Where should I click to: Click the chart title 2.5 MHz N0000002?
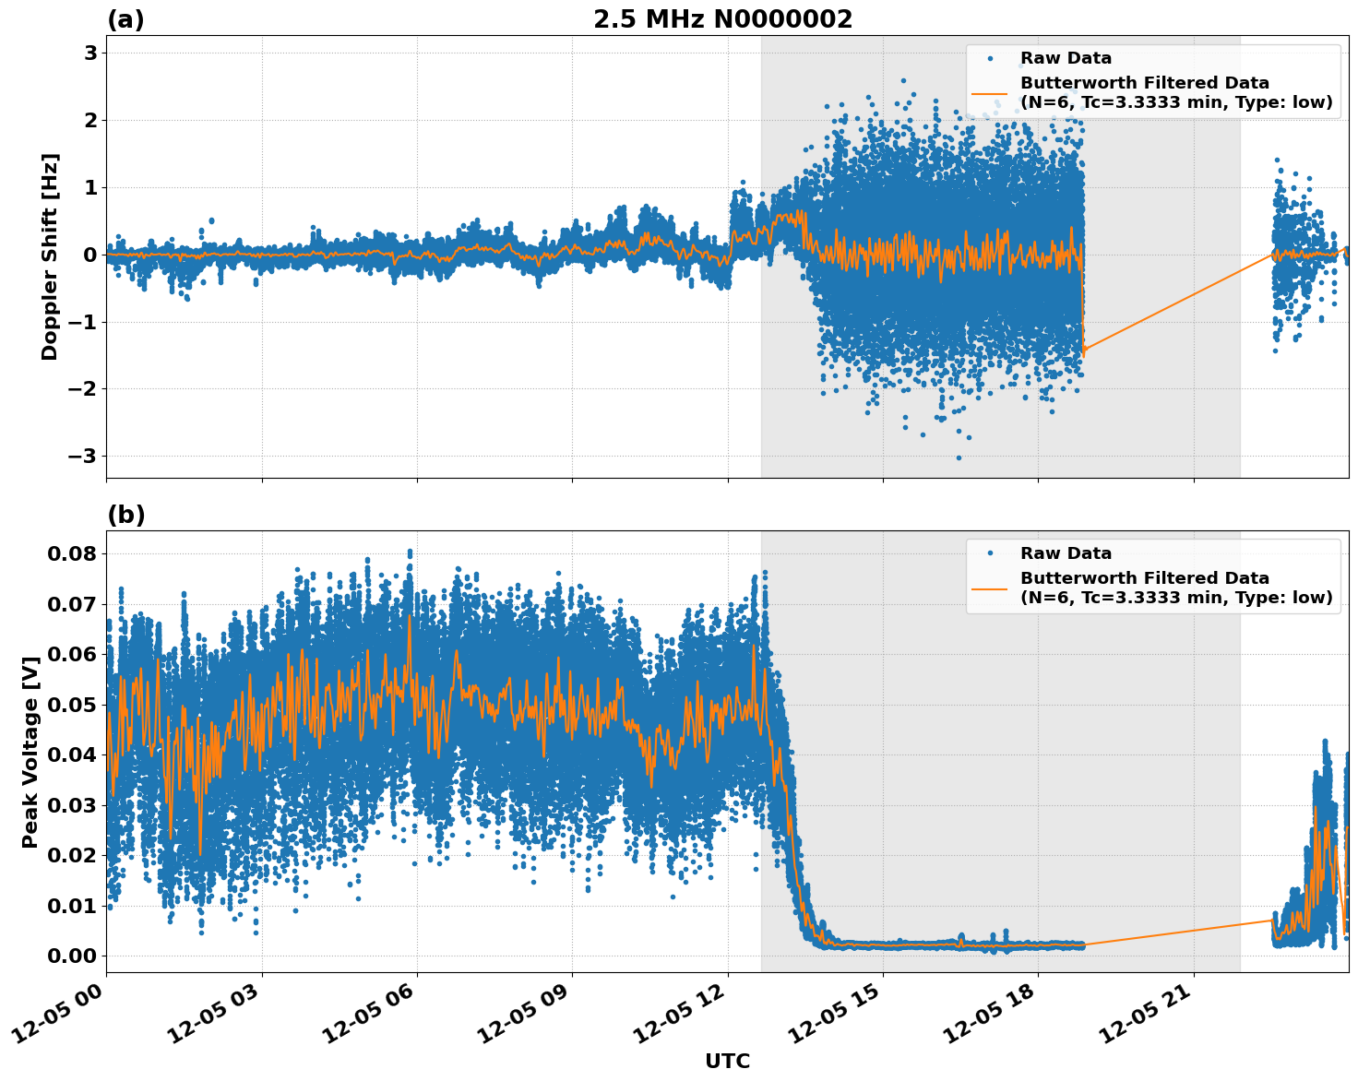(722, 19)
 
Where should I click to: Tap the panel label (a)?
(125, 19)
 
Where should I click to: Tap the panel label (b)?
(126, 515)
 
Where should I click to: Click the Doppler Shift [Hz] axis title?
(50, 256)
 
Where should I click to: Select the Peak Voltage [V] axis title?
(30, 752)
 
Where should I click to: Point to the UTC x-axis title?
(727, 1061)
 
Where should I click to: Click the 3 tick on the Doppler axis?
(90, 53)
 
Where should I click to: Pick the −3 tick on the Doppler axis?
(83, 456)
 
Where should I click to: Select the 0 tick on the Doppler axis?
(90, 255)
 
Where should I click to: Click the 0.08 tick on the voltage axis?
(72, 553)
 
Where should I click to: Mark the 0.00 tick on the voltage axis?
(72, 956)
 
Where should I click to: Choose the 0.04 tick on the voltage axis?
(72, 754)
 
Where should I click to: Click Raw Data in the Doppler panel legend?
(1066, 58)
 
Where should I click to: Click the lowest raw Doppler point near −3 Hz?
(958, 457)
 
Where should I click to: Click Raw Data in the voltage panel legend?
(1066, 553)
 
